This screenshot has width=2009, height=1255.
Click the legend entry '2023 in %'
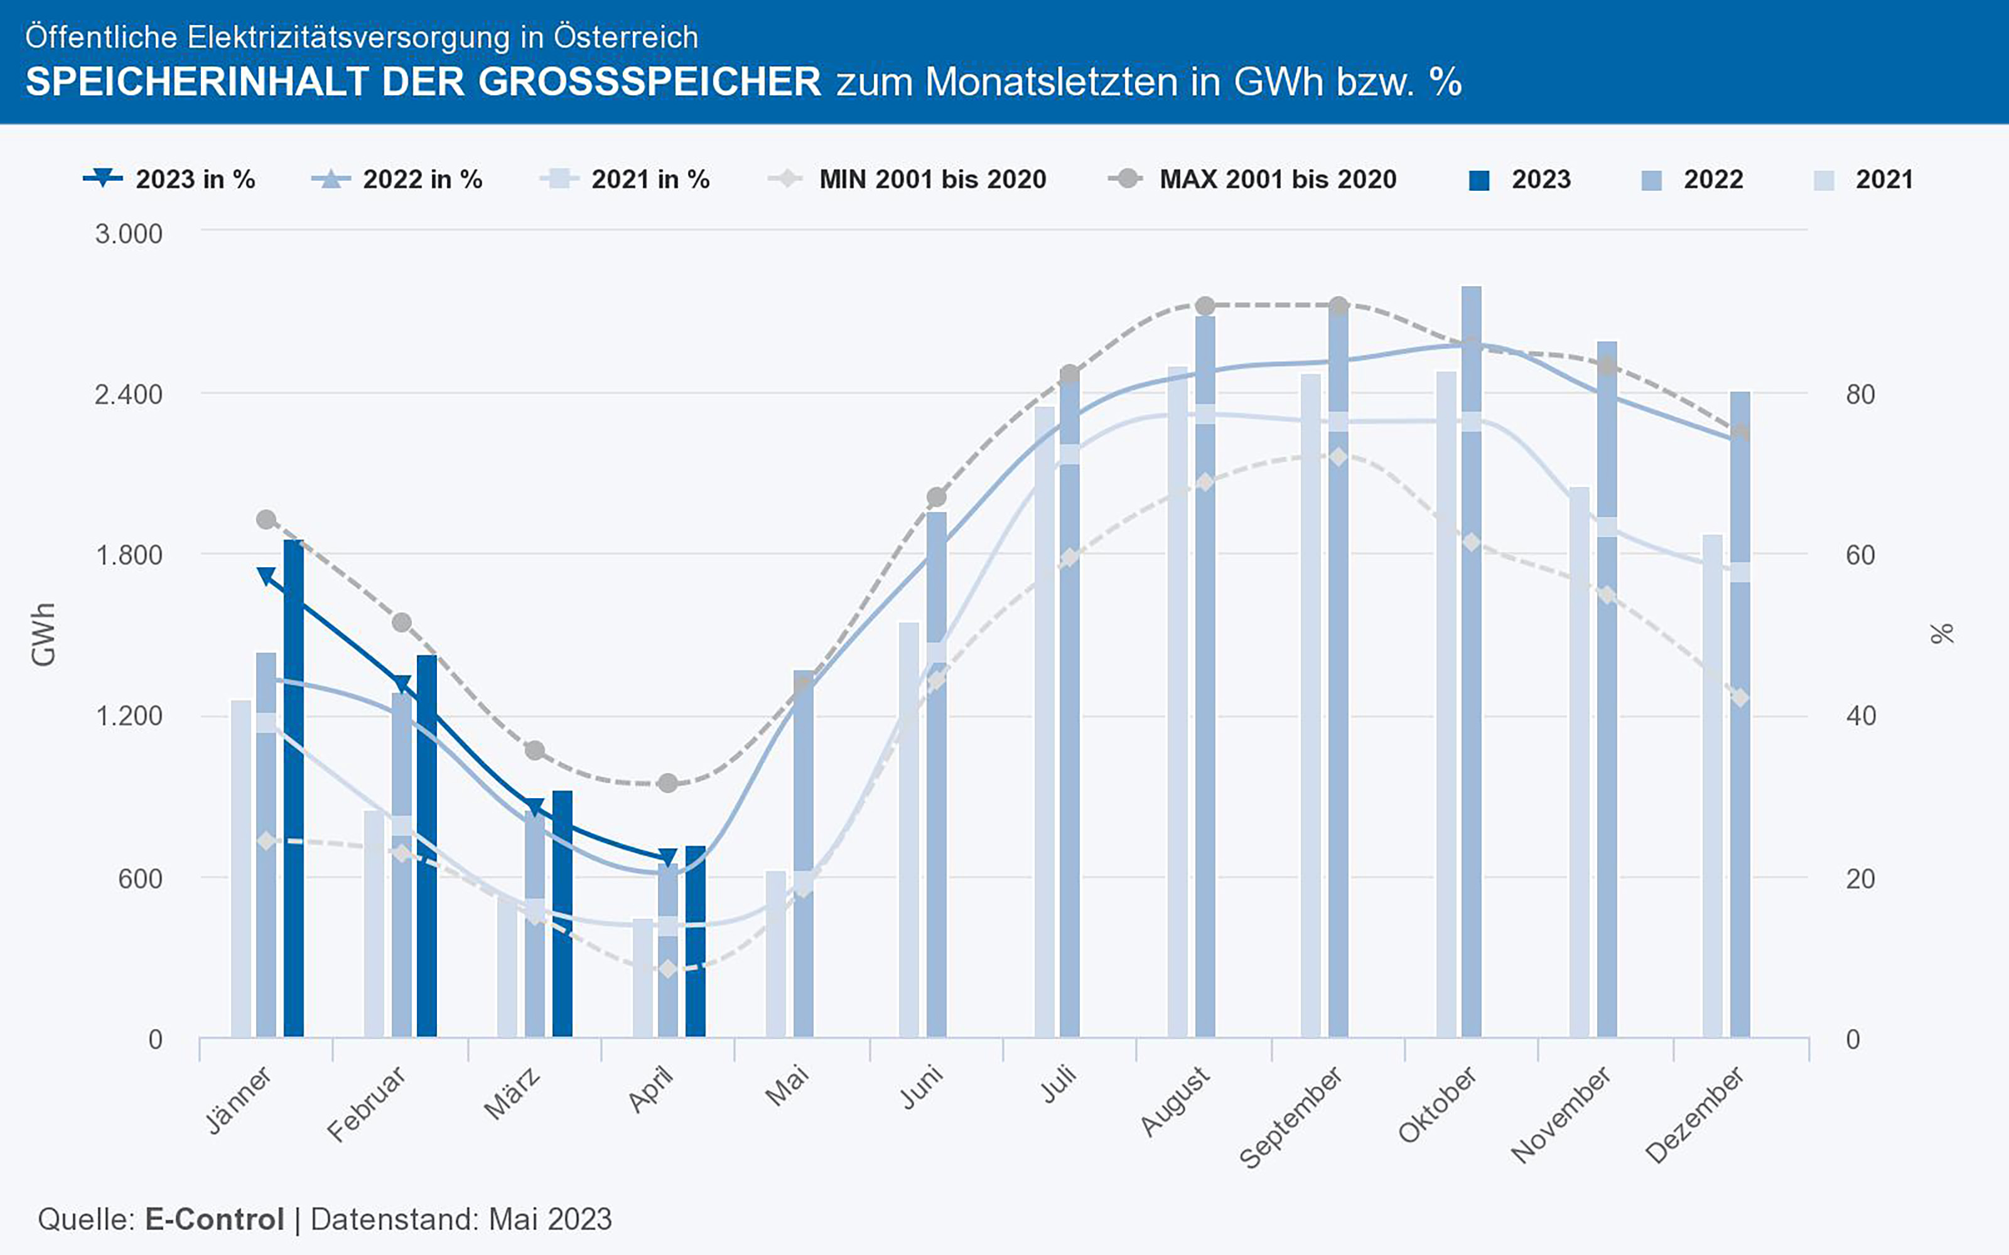click(170, 179)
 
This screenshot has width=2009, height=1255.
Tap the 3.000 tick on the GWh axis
click(129, 234)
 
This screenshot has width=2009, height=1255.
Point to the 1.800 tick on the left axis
click(129, 555)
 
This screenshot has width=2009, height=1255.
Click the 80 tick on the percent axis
click(1860, 395)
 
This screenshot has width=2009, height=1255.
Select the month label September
click(1291, 1117)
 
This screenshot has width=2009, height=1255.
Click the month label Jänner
click(239, 1100)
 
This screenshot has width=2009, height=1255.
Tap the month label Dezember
click(1694, 1116)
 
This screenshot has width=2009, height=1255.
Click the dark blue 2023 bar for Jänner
click(294, 789)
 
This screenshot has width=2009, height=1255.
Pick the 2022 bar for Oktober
click(1471, 664)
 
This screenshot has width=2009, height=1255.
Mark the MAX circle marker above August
click(1206, 306)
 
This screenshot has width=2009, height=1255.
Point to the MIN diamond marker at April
click(667, 969)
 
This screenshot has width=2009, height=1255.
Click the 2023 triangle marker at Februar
click(402, 684)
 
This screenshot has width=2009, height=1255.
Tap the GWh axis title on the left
click(43, 634)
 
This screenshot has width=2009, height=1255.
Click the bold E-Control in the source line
click(214, 1219)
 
